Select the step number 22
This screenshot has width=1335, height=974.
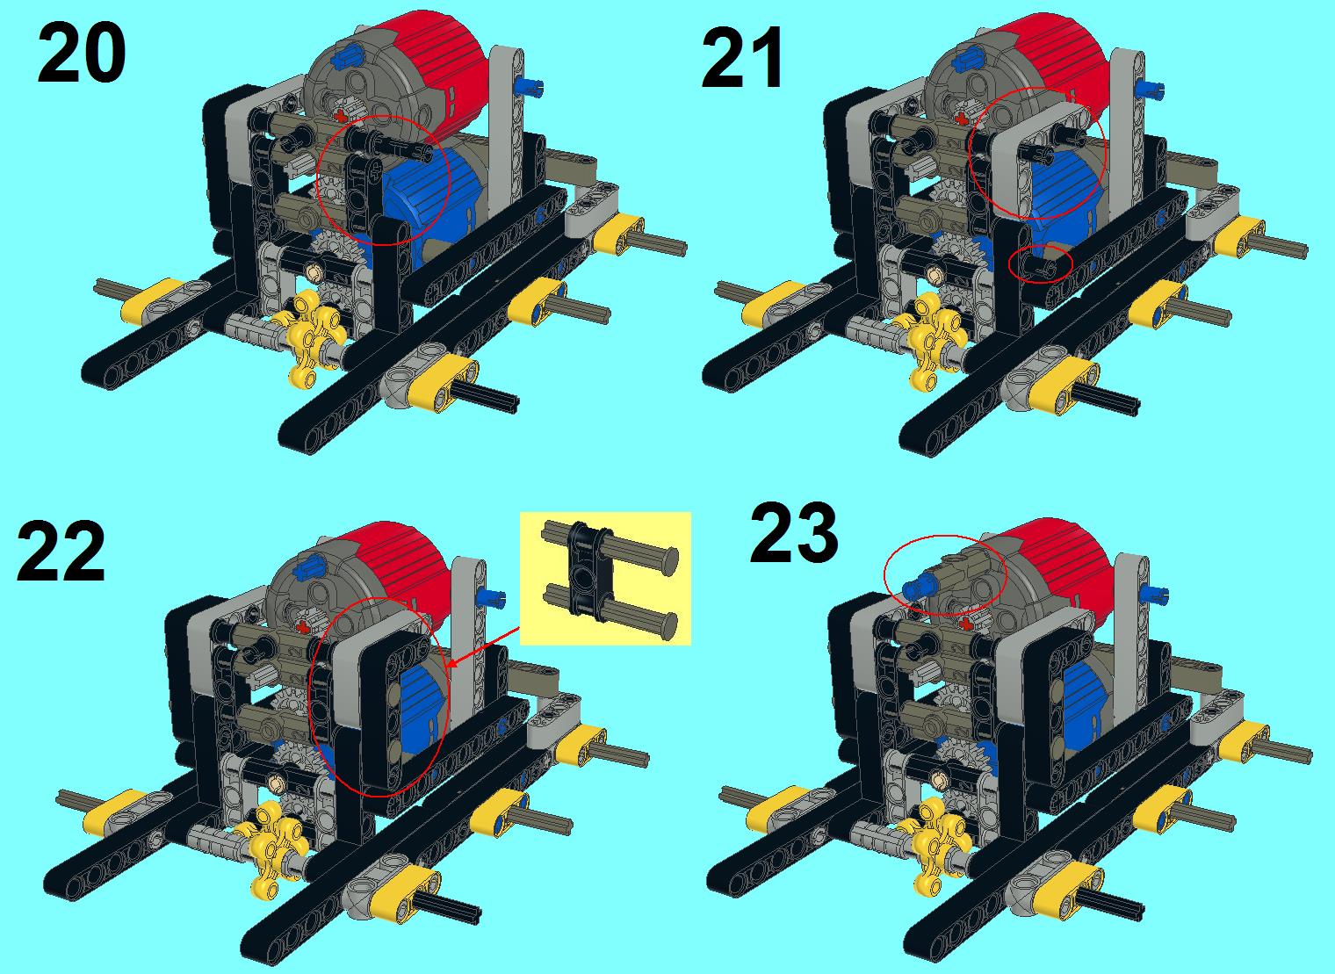[61, 551]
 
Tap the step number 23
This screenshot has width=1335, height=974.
[793, 531]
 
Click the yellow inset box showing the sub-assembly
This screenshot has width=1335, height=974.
[605, 578]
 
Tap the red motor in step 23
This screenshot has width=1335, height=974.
[1054, 573]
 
